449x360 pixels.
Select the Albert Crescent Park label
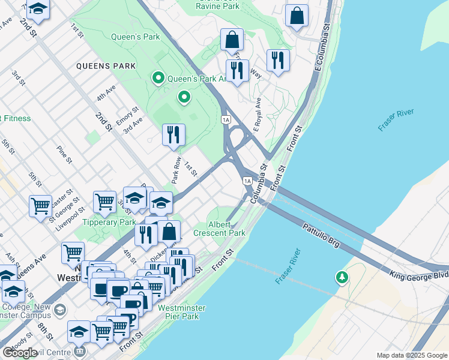tap(219, 229)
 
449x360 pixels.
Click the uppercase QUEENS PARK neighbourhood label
tap(106, 66)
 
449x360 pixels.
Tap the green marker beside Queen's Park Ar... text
tap(158, 78)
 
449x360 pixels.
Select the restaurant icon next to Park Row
tap(173, 134)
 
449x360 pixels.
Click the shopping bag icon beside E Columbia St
tap(297, 16)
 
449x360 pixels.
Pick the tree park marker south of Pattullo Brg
tap(342, 278)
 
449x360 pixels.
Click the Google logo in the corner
tap(20, 353)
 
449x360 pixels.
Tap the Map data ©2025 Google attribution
tap(412, 355)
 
